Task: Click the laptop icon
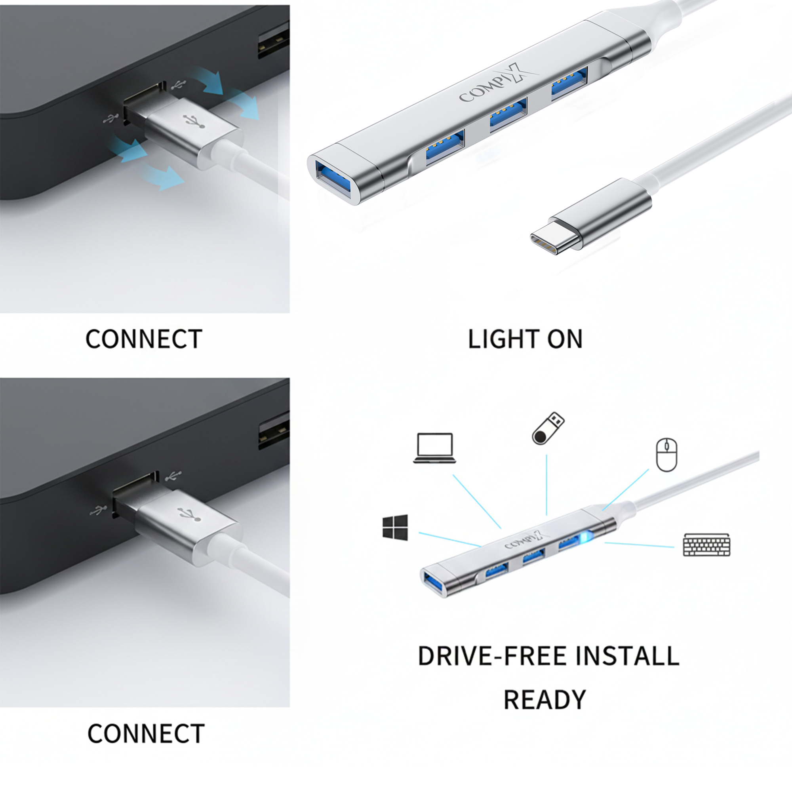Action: [x=434, y=448]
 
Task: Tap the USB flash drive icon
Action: [x=548, y=428]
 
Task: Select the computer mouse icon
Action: [x=666, y=455]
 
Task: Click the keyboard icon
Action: [x=707, y=544]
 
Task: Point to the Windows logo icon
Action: [x=395, y=527]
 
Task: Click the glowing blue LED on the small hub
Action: [x=585, y=537]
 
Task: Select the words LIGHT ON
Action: [x=525, y=339]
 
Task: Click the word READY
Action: [x=544, y=700]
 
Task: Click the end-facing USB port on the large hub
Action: [x=334, y=180]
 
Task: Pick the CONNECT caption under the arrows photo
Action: [x=144, y=339]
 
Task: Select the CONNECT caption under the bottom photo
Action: [x=146, y=745]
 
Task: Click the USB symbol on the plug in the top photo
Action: [x=194, y=120]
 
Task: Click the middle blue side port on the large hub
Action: [x=508, y=115]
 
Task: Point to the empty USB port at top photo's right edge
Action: [x=273, y=42]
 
